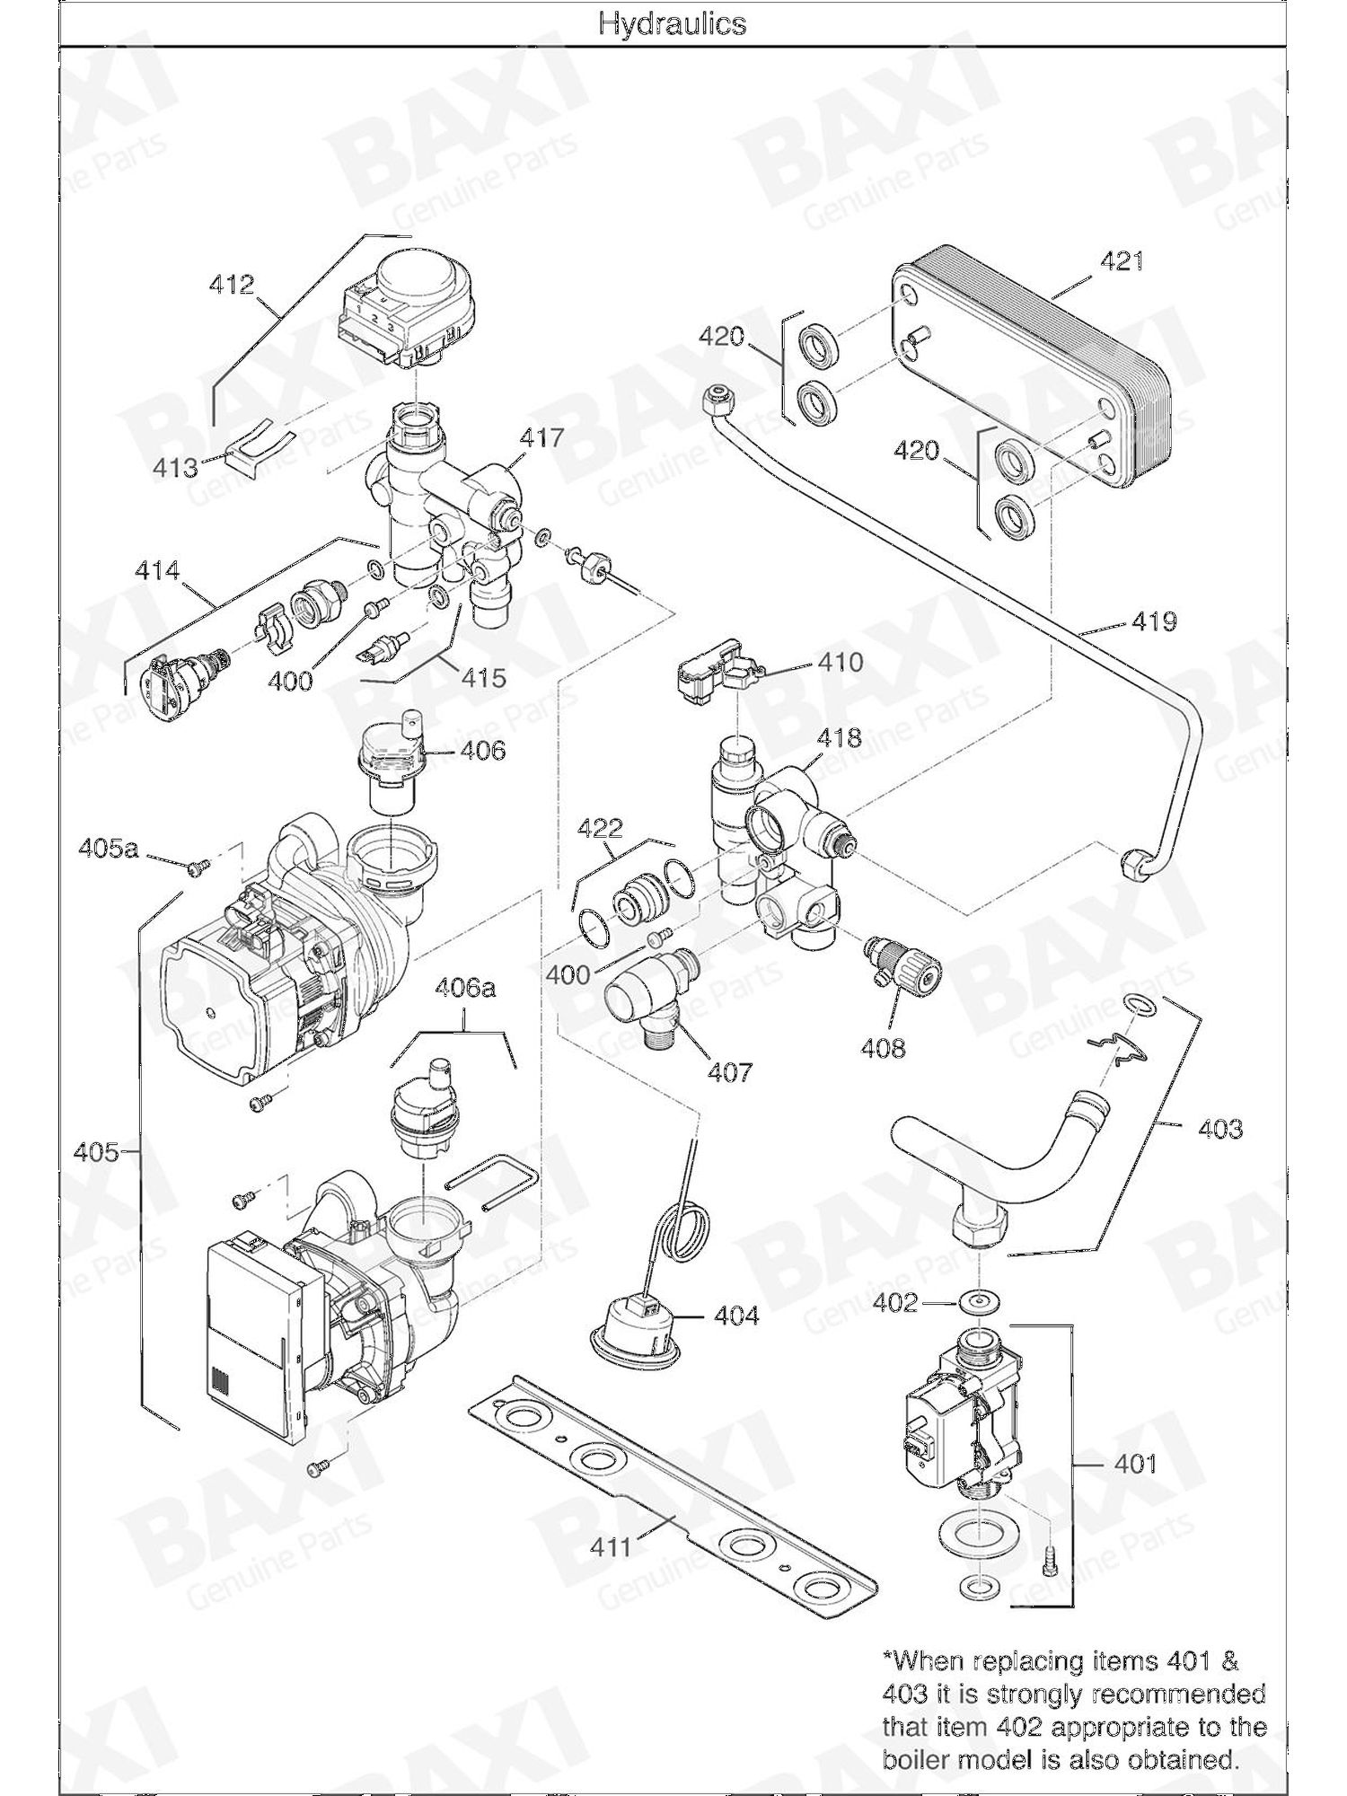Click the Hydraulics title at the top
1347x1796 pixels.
(673, 23)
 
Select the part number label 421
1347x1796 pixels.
(1122, 261)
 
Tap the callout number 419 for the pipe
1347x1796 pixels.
(1153, 621)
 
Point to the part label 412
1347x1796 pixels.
(232, 285)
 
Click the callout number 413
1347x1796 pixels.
(175, 468)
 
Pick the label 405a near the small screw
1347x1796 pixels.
(108, 847)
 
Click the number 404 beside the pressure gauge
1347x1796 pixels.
(736, 1316)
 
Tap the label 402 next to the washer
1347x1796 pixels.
(894, 1302)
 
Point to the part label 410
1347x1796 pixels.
(840, 663)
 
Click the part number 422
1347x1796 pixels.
(599, 827)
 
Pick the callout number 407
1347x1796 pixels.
(729, 1071)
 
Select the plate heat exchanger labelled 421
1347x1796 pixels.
(1033, 368)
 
